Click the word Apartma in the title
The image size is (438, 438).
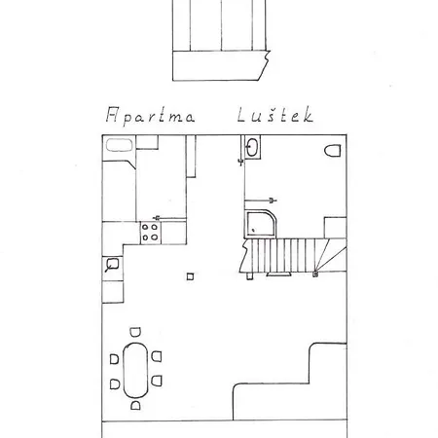tap(150, 116)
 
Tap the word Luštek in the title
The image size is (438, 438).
tap(275, 115)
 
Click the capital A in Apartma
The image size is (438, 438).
tap(112, 114)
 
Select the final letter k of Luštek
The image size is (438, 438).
tap(308, 114)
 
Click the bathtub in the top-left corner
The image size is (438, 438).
tap(120, 145)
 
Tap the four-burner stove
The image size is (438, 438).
tap(150, 233)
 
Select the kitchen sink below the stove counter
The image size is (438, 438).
tap(112, 265)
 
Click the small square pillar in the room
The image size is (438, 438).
tap(191, 276)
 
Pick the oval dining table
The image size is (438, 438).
tap(135, 370)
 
